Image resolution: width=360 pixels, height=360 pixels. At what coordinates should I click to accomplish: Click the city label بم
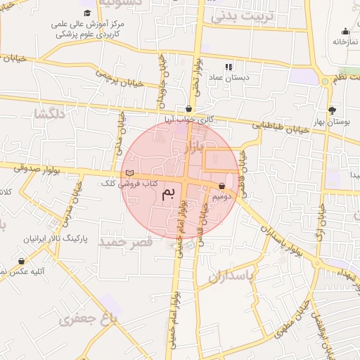click(167, 194)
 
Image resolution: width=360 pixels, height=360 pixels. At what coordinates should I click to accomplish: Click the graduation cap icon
click(87, 13)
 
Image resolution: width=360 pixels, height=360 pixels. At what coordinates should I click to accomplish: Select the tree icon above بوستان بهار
click(332, 110)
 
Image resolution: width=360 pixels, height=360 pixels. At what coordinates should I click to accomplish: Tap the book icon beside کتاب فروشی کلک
click(129, 173)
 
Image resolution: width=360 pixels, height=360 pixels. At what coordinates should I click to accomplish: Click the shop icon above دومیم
click(223, 186)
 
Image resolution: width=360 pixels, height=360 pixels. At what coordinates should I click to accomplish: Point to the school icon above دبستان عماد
click(228, 66)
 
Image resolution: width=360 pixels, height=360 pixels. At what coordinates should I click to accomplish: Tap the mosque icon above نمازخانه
click(345, 31)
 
